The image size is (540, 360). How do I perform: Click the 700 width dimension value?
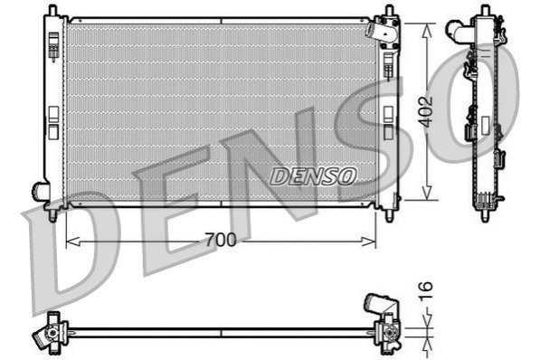[x=221, y=240]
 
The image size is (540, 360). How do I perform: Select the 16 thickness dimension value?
[x=426, y=291]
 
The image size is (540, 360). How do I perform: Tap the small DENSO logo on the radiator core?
[x=313, y=176]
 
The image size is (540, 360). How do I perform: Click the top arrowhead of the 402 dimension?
[x=427, y=31]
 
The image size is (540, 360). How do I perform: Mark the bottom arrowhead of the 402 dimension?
[x=427, y=193]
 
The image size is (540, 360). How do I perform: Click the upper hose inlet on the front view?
[x=374, y=30]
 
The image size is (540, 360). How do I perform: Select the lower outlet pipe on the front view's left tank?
[x=39, y=191]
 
